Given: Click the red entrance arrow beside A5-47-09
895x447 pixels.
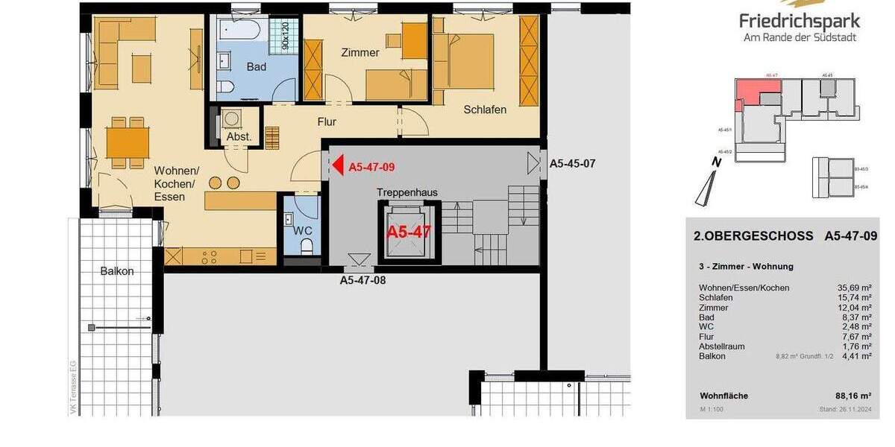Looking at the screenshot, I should click(x=337, y=165).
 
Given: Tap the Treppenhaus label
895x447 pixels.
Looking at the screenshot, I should click(x=406, y=192).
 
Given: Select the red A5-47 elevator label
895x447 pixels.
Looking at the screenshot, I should click(x=408, y=232).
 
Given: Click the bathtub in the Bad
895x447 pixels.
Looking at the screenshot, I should click(x=239, y=31).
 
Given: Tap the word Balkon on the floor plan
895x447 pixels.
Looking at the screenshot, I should click(x=117, y=271).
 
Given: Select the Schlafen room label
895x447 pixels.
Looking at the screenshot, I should click(x=485, y=110).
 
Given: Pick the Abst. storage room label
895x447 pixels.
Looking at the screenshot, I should click(x=239, y=137).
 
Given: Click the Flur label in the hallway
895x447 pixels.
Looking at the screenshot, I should click(x=327, y=121).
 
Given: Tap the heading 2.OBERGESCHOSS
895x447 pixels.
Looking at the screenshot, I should click(x=753, y=236).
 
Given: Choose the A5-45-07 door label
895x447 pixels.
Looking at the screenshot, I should click(x=571, y=163).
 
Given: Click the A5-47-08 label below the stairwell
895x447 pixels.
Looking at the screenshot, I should click(x=362, y=281).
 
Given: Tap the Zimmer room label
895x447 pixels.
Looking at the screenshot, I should click(x=360, y=53).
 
